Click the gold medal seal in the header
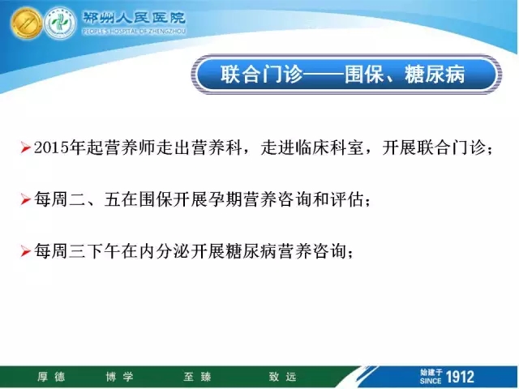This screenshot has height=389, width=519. click(x=26, y=24)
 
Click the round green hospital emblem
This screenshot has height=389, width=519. click(x=60, y=24)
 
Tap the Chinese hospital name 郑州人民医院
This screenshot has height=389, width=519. click(x=134, y=18)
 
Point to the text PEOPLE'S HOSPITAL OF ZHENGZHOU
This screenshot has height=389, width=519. click(x=134, y=32)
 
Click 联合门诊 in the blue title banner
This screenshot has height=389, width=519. click(x=261, y=74)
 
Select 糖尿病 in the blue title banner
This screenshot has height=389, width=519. click(x=435, y=74)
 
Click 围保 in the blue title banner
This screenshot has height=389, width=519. click(x=364, y=74)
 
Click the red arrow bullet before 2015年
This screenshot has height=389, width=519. click(x=25, y=147)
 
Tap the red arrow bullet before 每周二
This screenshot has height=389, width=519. click(x=25, y=199)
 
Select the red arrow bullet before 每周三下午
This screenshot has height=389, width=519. click(x=25, y=251)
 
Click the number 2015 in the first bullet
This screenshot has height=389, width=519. click(x=51, y=147)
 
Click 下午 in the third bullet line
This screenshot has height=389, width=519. click(x=103, y=251)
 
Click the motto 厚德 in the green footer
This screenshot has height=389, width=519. click(x=51, y=377)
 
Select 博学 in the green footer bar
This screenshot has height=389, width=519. click(x=119, y=377)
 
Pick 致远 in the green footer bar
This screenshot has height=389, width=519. click(x=282, y=377)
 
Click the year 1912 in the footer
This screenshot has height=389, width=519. click(x=460, y=377)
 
